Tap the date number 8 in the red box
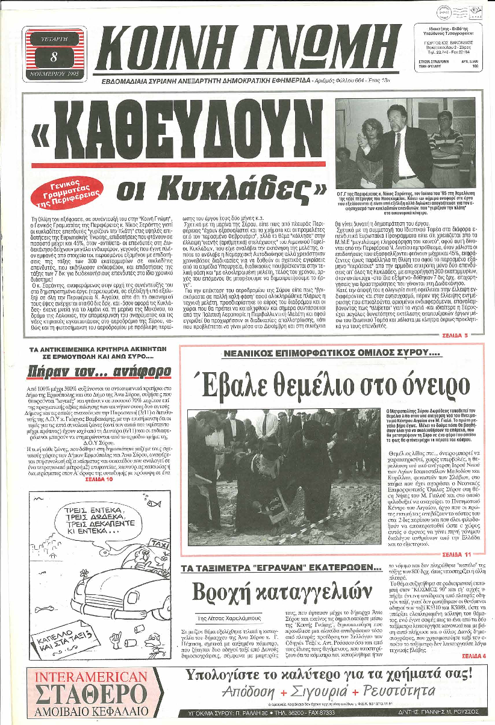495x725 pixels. point(55,57)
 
